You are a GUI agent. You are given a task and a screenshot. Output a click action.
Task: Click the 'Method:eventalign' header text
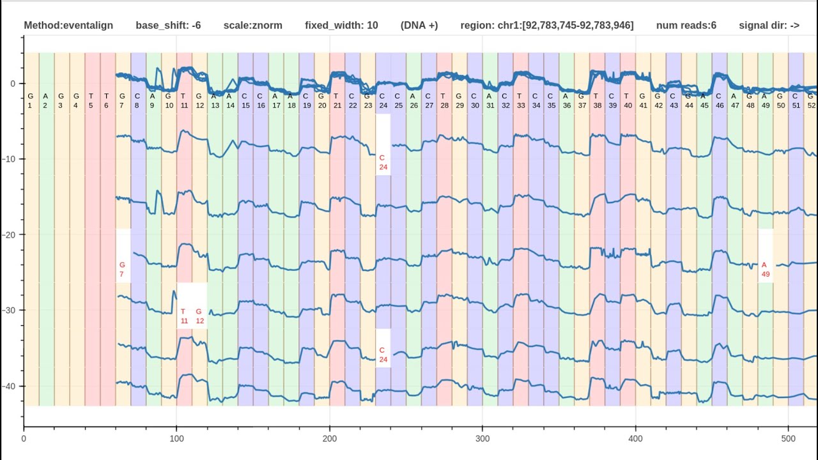tap(68, 26)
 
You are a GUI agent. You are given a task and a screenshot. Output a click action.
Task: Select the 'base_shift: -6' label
tap(168, 26)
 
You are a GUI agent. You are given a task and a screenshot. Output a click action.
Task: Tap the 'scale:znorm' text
tap(252, 26)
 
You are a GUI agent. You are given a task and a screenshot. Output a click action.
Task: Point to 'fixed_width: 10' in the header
tap(341, 26)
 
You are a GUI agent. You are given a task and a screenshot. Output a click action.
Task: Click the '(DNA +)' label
tap(419, 26)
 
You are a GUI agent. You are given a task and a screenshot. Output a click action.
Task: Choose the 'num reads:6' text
tap(686, 26)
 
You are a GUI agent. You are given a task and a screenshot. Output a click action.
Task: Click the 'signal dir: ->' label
tap(769, 26)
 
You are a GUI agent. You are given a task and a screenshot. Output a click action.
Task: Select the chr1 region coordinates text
tap(547, 26)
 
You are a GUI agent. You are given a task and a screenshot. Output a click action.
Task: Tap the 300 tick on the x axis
tap(482, 438)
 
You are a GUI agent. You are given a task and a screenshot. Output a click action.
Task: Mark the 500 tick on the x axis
tap(788, 438)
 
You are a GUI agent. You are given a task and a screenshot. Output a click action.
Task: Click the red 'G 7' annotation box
tap(122, 270)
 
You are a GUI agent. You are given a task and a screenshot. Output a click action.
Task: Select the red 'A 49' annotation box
tap(765, 270)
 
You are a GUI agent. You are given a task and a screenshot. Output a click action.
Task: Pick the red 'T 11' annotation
tap(184, 316)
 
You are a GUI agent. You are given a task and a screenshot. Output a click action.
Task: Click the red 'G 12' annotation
tap(199, 316)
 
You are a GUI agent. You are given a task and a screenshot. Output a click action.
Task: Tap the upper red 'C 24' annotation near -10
tap(383, 162)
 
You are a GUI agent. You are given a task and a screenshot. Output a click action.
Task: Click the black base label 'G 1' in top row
tap(30, 100)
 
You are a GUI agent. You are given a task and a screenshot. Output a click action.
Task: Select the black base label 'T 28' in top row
tap(444, 100)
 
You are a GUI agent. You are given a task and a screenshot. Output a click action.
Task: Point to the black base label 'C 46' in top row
tap(719, 100)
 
